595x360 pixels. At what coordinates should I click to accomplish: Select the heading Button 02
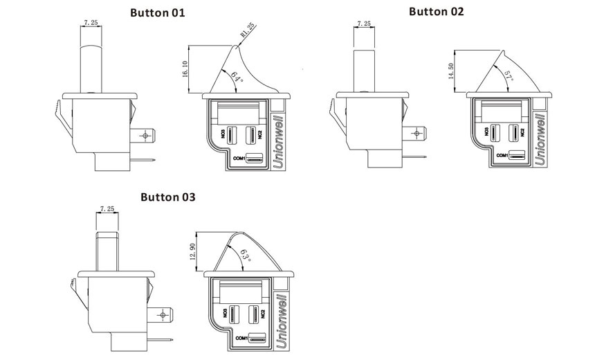(x=437, y=11)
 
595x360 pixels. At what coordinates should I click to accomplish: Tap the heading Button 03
(x=168, y=197)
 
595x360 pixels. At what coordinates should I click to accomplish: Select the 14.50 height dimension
(x=452, y=71)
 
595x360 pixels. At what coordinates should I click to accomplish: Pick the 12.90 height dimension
(x=193, y=251)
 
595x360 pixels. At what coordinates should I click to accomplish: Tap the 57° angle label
(x=508, y=75)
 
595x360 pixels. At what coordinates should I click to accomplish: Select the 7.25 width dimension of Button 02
(x=364, y=24)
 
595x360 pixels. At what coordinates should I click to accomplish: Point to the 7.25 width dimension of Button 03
(x=107, y=208)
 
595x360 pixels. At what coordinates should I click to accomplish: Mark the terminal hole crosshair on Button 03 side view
(x=163, y=316)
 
